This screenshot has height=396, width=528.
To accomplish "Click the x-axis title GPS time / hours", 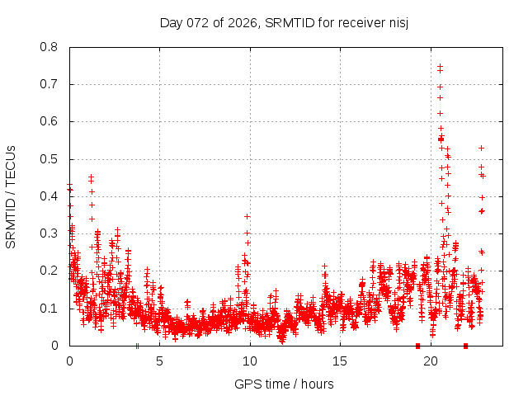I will pos(284,384).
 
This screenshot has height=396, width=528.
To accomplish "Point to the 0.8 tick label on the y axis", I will pos(49,47).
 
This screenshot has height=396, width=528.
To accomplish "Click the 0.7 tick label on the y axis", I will pos(49,84).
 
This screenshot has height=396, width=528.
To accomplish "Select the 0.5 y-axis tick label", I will pos(49,159).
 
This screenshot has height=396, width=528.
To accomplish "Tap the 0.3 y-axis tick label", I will pos(49,233).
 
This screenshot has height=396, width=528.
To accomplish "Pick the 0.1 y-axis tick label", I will pos(49,309).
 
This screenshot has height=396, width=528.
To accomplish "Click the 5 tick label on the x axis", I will pos(159,361).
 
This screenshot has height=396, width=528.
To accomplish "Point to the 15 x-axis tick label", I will pos(340,361).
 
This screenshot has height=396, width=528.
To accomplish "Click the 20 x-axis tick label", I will pos(430,361).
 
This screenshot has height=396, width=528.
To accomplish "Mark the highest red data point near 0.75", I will pos(440,67).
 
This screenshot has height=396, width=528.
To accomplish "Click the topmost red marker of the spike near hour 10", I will pos(247,216).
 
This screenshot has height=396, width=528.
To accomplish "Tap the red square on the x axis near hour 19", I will pos(417,346).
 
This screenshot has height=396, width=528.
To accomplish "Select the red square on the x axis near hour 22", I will pos(466,346).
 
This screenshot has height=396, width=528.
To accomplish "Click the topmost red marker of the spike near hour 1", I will pos(91,177).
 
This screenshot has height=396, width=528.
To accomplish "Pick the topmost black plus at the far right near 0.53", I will pos(481,148).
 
